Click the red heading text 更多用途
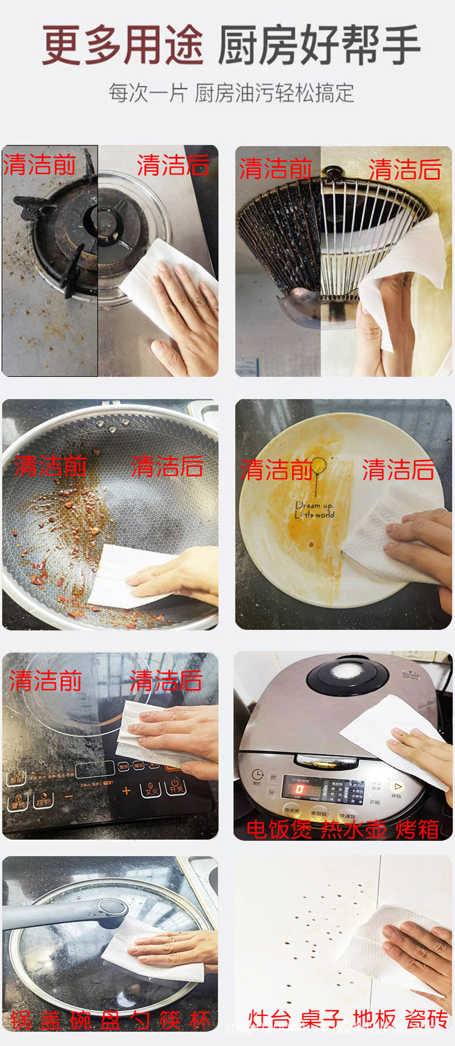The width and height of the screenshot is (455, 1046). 122,45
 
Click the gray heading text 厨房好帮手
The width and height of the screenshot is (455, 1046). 318,45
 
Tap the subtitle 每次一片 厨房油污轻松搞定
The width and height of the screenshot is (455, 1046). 231,93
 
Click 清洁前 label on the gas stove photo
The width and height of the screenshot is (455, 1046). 40,165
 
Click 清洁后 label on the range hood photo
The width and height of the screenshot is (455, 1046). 405,169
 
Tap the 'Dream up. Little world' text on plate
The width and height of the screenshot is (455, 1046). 315,509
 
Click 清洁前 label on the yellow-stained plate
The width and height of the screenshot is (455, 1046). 276,470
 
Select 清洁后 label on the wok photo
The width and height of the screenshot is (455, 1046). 167,466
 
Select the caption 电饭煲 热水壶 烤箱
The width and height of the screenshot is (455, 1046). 342,829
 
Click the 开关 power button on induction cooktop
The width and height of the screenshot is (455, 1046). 175,787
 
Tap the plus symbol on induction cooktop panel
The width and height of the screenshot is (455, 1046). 126,791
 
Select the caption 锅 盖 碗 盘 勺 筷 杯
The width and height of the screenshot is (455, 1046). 110,1020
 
